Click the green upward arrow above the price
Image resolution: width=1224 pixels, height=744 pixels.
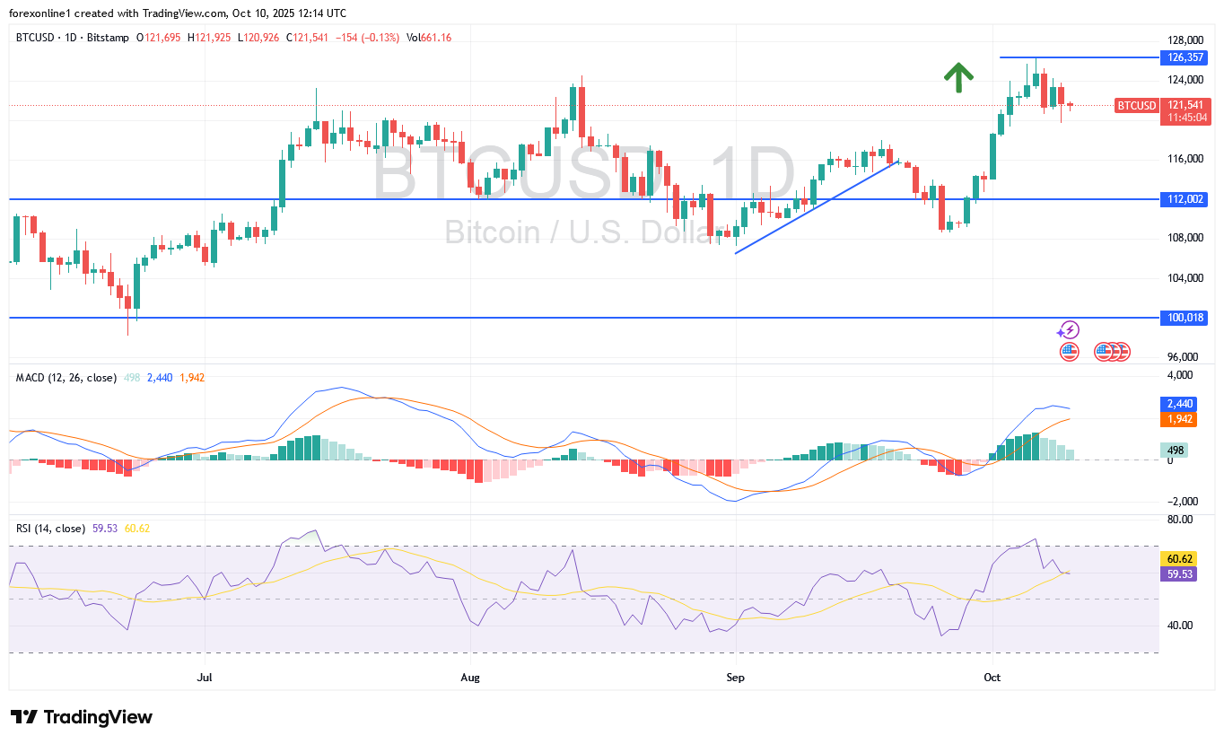pos(958,78)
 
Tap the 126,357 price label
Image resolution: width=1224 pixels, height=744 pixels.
pos(1185,57)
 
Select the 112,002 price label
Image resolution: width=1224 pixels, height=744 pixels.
pos(1185,199)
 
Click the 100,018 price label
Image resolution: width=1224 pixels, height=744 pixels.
pos(1185,318)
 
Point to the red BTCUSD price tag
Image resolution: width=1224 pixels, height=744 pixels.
pos(1136,106)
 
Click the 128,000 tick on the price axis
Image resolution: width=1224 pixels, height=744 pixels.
pos(1185,40)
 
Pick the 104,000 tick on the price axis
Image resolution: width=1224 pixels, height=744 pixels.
pos(1185,277)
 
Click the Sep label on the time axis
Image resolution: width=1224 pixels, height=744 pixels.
pos(735,677)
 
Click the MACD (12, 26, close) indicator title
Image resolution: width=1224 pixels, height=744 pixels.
pos(66,378)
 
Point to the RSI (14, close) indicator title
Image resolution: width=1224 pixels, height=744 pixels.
pos(50,529)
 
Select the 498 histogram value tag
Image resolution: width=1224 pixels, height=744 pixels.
pos(1175,451)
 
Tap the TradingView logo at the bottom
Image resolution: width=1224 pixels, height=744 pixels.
pos(82,717)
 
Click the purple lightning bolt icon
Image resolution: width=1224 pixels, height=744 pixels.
pos(1069,330)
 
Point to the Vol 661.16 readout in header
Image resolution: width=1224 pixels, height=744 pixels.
pos(429,37)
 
